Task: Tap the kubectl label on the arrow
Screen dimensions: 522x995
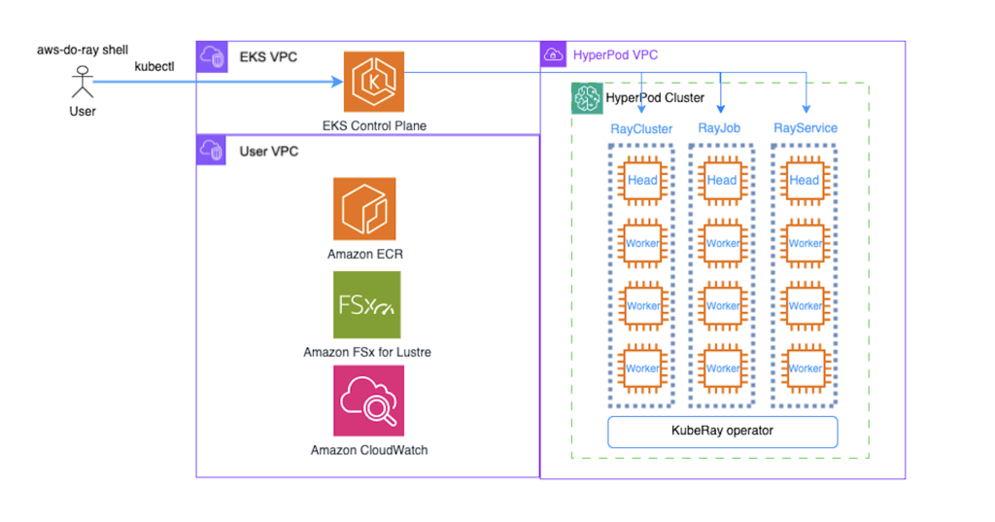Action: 154,65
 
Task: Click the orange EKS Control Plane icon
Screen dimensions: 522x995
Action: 374,83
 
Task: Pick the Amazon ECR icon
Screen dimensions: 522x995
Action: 364,208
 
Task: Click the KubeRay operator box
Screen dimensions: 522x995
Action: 722,430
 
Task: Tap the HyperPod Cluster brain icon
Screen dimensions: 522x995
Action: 587,98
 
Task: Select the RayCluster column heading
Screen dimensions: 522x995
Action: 641,128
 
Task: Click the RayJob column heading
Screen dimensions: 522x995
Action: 721,128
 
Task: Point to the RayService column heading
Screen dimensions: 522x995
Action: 805,128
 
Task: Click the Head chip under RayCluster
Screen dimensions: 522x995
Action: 642,180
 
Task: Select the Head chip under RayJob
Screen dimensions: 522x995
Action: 722,180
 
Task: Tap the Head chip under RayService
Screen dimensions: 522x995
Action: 805,180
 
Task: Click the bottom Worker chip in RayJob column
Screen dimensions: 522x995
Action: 722,368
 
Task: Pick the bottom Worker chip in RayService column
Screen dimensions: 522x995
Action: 805,368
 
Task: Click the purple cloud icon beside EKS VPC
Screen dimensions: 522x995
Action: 211,56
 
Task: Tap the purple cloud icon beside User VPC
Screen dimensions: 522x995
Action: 211,151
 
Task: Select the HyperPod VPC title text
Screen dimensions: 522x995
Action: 615,54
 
